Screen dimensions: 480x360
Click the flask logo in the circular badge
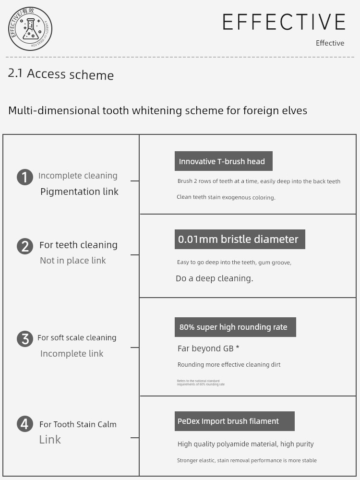[x=31, y=29]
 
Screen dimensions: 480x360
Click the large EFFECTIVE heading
[x=284, y=22]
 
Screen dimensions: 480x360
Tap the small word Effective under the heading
[x=330, y=43]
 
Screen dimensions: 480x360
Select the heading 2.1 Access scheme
[x=61, y=74]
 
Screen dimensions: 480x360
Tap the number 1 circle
[x=25, y=177]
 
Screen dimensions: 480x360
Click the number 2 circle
[x=25, y=246]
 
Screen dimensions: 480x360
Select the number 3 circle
[x=25, y=339]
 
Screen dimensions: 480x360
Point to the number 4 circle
[x=25, y=424]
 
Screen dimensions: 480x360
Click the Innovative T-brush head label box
[x=223, y=161]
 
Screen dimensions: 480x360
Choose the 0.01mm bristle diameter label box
[x=240, y=240]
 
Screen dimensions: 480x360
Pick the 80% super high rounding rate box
[x=235, y=327]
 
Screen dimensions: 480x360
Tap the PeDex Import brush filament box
[x=234, y=421]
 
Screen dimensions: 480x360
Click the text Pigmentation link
[x=79, y=192]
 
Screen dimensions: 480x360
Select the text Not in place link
[x=73, y=261]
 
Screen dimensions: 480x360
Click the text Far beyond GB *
[x=208, y=349]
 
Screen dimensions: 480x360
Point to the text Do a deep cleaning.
[x=214, y=278]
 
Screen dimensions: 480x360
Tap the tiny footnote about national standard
[x=201, y=383]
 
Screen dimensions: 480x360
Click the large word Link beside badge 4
[x=50, y=440]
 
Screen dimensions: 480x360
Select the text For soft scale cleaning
[x=77, y=338]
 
